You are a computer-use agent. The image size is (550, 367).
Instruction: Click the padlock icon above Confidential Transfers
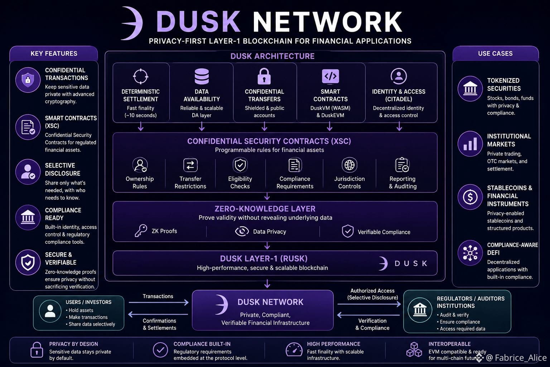(x=264, y=76)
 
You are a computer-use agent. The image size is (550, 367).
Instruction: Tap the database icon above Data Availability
(x=202, y=76)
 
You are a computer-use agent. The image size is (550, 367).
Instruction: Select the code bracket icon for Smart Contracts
(x=331, y=76)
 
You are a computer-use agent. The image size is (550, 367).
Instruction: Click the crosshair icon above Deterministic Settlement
(x=140, y=76)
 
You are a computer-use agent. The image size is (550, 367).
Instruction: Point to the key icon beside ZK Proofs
(x=141, y=230)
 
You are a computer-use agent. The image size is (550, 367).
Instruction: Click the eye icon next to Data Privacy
(x=242, y=231)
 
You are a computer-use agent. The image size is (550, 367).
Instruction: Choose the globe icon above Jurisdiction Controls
(x=349, y=165)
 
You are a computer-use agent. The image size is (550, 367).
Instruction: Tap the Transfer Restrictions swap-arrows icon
(x=190, y=165)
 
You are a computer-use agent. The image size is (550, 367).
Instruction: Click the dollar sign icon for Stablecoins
(x=470, y=197)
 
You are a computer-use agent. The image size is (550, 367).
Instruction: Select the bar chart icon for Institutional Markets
(x=470, y=144)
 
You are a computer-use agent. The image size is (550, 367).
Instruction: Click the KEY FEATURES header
(x=54, y=53)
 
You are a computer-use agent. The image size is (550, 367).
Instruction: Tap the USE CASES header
(x=496, y=53)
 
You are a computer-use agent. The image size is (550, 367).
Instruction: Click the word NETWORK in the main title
(x=328, y=22)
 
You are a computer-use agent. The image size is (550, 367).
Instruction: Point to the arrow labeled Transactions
(x=159, y=302)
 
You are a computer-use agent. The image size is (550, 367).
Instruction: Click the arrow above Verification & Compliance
(x=368, y=315)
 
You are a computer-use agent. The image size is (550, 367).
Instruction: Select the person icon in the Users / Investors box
(x=50, y=311)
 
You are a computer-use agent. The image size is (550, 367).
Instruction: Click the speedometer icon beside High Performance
(x=294, y=349)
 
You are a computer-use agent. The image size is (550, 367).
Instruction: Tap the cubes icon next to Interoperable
(x=414, y=349)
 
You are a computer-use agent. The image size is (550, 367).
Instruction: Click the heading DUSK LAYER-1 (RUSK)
(x=264, y=259)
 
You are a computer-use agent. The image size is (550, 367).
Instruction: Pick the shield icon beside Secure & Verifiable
(x=28, y=262)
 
